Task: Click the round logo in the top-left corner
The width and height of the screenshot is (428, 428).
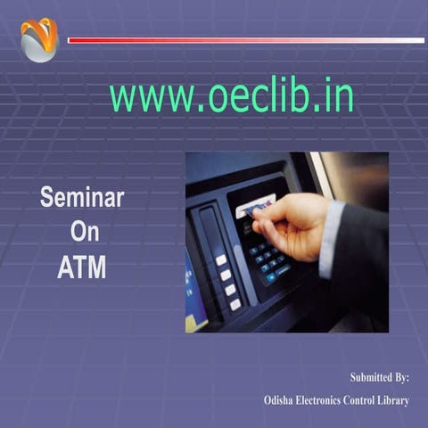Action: pyautogui.click(x=38, y=40)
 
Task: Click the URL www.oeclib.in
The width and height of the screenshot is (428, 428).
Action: pyautogui.click(x=231, y=96)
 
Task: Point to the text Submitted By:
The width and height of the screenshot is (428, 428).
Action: pyautogui.click(x=379, y=378)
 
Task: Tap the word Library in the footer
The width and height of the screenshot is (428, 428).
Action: pyautogui.click(x=391, y=401)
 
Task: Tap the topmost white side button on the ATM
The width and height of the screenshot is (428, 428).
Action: pyautogui.click(x=220, y=259)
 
